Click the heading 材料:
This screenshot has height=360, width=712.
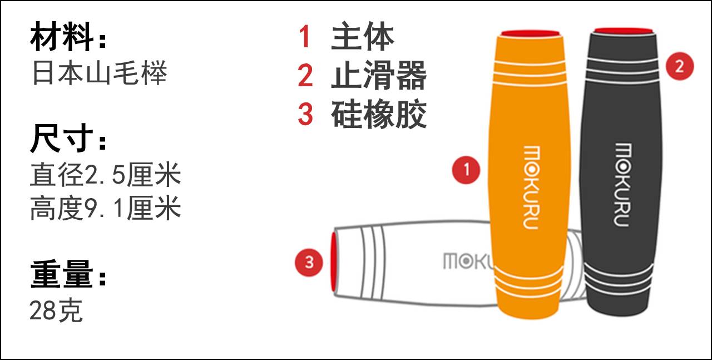click(x=68, y=37)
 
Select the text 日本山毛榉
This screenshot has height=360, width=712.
click(x=100, y=73)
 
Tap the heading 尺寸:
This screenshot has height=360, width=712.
click(x=68, y=139)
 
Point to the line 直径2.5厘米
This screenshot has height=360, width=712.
click(x=106, y=174)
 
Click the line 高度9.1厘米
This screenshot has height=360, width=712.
click(x=106, y=208)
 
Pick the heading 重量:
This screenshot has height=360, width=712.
click(x=68, y=274)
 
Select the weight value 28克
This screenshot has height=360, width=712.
click(x=56, y=310)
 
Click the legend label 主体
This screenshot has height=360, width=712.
click(x=363, y=36)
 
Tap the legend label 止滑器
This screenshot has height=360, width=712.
click(x=379, y=75)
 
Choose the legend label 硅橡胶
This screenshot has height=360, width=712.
click(x=379, y=114)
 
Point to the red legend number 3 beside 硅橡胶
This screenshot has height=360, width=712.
click(x=305, y=114)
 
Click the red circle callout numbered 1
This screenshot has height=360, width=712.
click(x=466, y=170)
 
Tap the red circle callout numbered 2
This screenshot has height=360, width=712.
click(x=680, y=66)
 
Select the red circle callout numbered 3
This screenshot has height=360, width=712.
click(x=309, y=263)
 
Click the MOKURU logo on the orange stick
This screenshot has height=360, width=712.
click(x=531, y=188)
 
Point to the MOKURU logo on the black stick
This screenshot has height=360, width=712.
click(x=622, y=185)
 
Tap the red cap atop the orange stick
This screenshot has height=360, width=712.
click(x=530, y=33)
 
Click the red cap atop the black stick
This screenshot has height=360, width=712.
click(x=624, y=31)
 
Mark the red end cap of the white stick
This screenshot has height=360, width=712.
click(x=333, y=262)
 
